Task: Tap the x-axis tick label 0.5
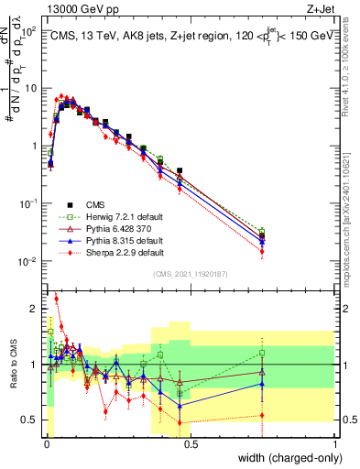(x=190, y=444)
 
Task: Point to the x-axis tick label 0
(x=46, y=444)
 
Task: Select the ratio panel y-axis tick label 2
(x=34, y=309)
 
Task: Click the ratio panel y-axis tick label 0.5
(x=29, y=420)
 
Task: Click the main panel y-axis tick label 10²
(x=27, y=31)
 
